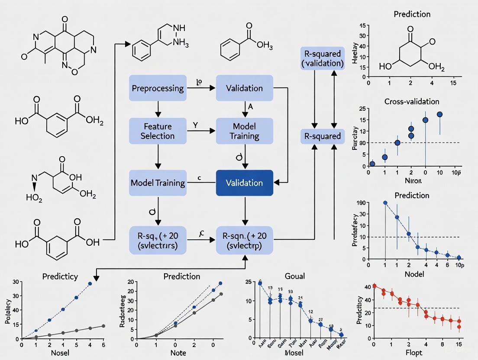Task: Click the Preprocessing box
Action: (157, 88)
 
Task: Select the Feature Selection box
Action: (157, 131)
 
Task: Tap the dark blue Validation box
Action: (244, 183)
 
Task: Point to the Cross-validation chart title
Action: (411, 102)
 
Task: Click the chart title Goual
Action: (295, 276)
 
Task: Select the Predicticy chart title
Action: (60, 276)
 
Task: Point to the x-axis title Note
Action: (178, 353)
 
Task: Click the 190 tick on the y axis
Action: (361, 202)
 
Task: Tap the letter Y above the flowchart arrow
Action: (195, 125)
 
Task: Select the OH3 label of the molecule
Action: (265, 45)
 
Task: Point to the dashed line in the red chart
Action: (433, 308)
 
